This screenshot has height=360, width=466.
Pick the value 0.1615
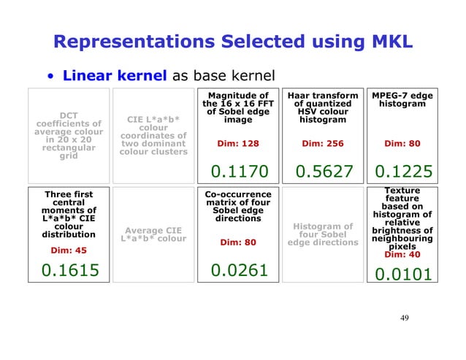[69, 271]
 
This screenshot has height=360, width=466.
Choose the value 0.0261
[239, 271]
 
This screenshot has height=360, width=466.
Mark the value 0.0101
[403, 275]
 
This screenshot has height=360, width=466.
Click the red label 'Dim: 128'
[239, 143]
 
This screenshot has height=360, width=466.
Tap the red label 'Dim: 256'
[323, 143]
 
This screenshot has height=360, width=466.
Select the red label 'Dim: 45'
[69, 250]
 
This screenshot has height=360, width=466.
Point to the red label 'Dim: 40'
[403, 255]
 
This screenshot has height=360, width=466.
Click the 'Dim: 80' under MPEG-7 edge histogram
[403, 143]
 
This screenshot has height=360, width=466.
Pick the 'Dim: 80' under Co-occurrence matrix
[239, 242]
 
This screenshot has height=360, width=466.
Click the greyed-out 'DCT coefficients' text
[69, 135]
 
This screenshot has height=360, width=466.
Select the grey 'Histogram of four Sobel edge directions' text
[323, 234]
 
